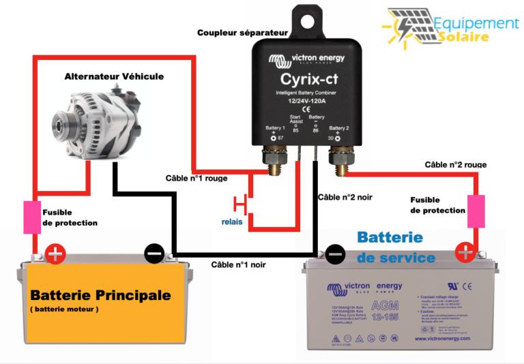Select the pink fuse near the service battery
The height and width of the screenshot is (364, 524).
tap(476, 211)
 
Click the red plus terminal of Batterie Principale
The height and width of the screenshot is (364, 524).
tap(54, 256)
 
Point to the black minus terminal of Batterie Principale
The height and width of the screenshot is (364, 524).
tap(154, 254)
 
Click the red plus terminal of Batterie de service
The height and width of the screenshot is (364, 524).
tap(466, 253)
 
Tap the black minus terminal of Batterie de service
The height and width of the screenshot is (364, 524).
tap(335, 254)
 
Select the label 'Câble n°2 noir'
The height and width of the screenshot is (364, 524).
tap(345, 197)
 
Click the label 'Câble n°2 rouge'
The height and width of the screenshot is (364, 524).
tap(455, 164)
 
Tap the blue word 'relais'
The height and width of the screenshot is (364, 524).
tap(232, 222)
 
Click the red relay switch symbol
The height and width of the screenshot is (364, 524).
tap(241, 204)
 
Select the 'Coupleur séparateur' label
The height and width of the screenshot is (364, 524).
tap(243, 32)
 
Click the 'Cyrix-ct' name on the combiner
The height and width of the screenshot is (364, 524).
tap(304, 78)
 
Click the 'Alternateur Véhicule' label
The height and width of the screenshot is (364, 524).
tap(114, 76)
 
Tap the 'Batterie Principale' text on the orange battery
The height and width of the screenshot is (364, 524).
tap(100, 296)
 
